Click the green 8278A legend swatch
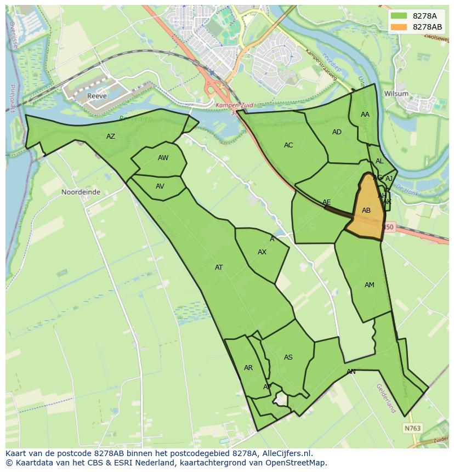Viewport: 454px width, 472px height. tap(399, 16)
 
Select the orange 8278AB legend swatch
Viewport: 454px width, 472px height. tap(399, 27)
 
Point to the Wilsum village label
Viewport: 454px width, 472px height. tap(396, 94)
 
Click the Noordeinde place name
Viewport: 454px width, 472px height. tap(81, 192)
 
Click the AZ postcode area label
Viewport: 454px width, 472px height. tap(111, 137)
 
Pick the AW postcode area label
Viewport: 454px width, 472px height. tap(163, 158)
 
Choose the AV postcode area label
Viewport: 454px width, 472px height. tap(160, 186)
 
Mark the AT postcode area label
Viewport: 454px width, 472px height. tap(219, 268)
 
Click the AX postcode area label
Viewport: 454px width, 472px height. tap(262, 252)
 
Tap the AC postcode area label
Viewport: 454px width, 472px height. tap(288, 145)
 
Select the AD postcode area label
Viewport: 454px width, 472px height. tap(337, 132)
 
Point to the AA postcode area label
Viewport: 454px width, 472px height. tap(365, 115)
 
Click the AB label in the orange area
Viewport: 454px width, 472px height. tap(366, 211)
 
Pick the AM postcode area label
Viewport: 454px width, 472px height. tap(370, 285)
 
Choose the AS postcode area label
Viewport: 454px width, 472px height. tap(288, 357)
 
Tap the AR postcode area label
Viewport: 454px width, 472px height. tap(248, 368)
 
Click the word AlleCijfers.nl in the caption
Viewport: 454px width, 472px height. tap(285, 453)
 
